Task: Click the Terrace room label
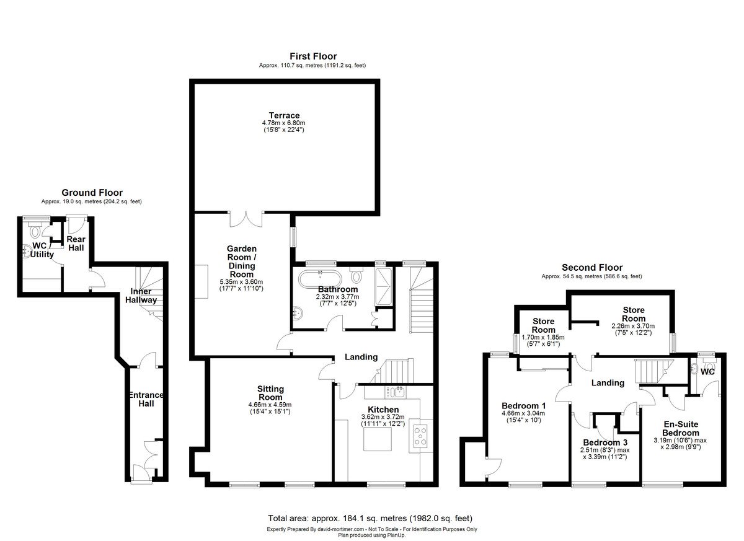coord(284,115)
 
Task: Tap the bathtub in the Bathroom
coord(319,279)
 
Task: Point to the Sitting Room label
coord(270,393)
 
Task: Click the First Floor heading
coord(313,56)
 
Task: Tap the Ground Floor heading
coord(92,193)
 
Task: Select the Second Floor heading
coord(592,267)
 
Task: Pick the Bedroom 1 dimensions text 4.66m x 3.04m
coord(523,413)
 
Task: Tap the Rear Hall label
coord(76,244)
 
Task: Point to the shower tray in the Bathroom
coord(383,287)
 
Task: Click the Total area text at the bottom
coord(370,518)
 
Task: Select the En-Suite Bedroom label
coord(681,428)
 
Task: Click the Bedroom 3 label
coord(605,442)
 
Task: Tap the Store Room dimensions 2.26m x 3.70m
coord(633,326)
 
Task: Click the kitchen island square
coord(378,439)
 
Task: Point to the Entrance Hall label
coord(146,399)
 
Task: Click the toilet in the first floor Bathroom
coord(356,274)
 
